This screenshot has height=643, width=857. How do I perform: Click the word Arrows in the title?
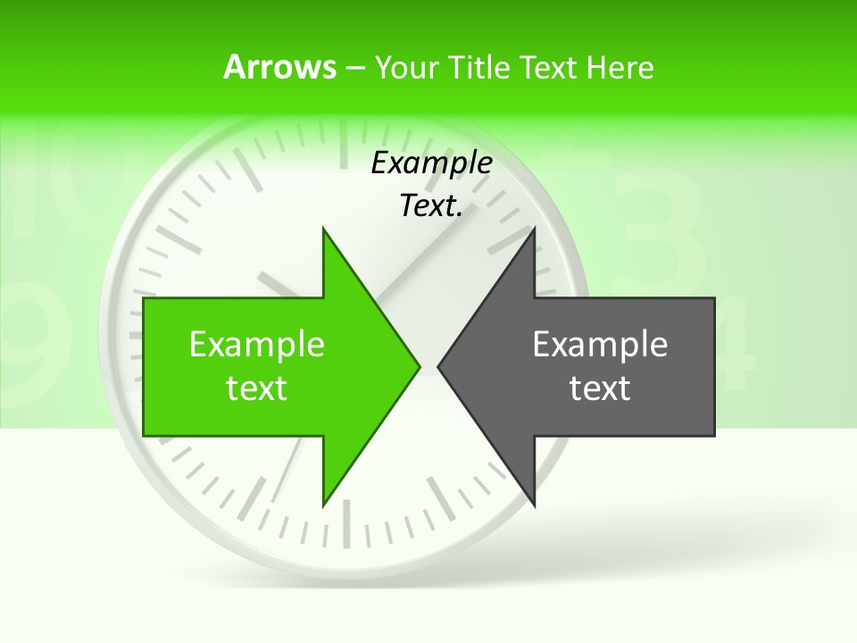(x=279, y=67)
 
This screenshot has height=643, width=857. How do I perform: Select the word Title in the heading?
(x=480, y=67)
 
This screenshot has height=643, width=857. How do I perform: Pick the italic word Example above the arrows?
(x=431, y=163)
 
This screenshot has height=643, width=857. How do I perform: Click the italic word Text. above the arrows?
(x=431, y=206)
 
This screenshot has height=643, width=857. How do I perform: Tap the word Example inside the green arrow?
(x=257, y=345)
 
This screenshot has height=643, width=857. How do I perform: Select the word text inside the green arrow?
(x=257, y=388)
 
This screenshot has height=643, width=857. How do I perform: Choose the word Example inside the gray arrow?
(x=600, y=345)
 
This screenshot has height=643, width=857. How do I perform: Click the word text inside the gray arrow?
(x=600, y=388)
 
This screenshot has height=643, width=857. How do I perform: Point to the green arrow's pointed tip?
(x=420, y=366)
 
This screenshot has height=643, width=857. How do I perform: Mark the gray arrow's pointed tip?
(x=438, y=366)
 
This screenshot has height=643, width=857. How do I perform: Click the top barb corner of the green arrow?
(x=323, y=229)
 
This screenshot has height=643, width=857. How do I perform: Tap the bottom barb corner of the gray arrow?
(x=534, y=505)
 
